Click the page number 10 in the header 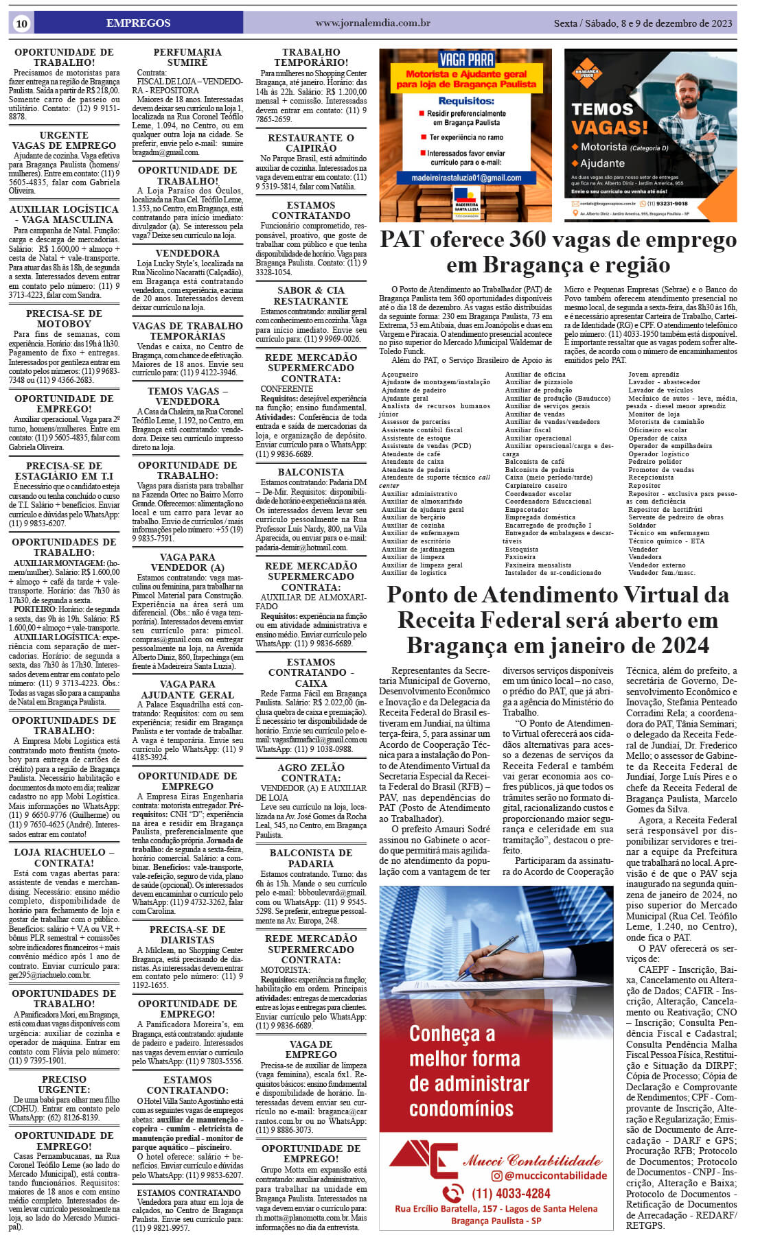pyautogui.click(x=21, y=23)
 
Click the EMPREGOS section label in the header pyautogui.click(x=138, y=23)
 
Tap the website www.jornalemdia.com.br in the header pyautogui.click(x=373, y=23)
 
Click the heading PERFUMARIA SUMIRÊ pyautogui.click(x=187, y=57)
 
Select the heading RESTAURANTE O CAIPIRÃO pyautogui.click(x=311, y=143)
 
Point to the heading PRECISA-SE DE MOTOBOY pyautogui.click(x=64, y=318)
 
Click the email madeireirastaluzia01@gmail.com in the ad pyautogui.click(x=466, y=178)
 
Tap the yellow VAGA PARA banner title pyautogui.click(x=466, y=59)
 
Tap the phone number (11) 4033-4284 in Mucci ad pyautogui.click(x=511, y=1193)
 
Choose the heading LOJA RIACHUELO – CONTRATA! pyautogui.click(x=64, y=857)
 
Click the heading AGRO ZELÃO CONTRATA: pyautogui.click(x=311, y=773)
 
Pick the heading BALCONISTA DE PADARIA pyautogui.click(x=311, y=858)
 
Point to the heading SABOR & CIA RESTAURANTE pyautogui.click(x=311, y=296)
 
